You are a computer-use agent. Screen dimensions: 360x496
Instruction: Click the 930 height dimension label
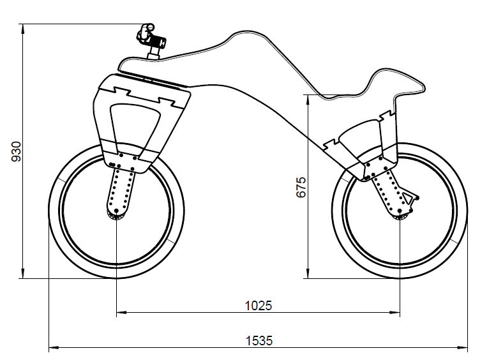(17, 151)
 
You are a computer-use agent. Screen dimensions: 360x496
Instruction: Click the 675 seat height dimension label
(302, 186)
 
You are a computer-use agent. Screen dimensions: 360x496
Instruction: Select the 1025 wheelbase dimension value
(258, 305)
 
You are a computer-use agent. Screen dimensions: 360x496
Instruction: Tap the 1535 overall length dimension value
(258, 341)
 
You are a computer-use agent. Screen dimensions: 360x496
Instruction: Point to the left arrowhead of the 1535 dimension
(53, 348)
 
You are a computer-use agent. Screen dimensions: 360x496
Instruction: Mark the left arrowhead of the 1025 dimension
(120, 313)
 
